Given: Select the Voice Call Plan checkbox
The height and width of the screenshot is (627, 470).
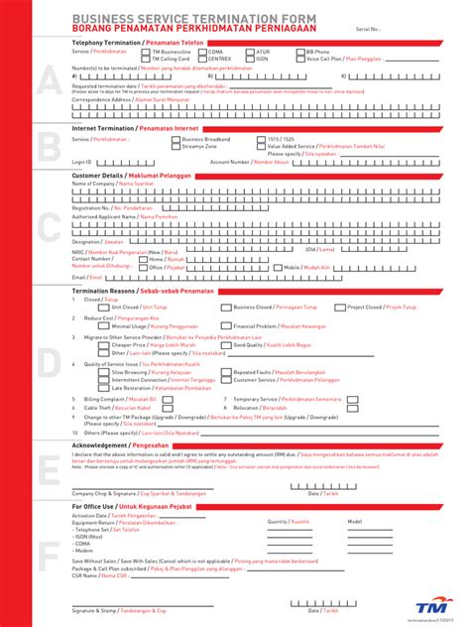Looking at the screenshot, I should (x=301, y=59).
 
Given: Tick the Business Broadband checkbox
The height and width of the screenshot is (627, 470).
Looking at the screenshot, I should (x=176, y=140).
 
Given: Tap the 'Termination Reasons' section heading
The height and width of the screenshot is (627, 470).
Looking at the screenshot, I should (x=108, y=291).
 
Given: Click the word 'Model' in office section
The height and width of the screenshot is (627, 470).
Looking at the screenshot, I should (x=354, y=521).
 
